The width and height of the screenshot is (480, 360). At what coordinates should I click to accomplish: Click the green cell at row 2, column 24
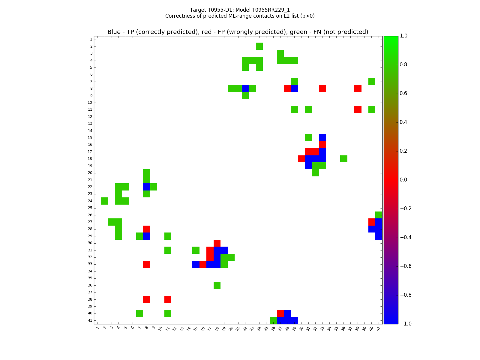(259, 46)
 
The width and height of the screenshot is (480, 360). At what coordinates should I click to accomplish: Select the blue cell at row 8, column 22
(245, 88)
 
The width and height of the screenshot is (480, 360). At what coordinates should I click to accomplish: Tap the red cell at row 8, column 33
(322, 88)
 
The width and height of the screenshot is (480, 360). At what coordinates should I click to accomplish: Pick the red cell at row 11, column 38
(358, 109)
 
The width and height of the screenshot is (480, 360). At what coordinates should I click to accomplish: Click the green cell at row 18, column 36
(343, 159)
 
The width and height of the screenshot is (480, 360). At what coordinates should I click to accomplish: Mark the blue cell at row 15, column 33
(322, 138)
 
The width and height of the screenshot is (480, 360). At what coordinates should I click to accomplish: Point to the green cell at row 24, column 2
(104, 201)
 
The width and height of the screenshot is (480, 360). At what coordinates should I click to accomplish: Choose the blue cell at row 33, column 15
(196, 264)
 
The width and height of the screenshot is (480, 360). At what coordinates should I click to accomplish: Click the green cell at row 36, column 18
(217, 285)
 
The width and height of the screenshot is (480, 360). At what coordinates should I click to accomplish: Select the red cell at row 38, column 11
(168, 299)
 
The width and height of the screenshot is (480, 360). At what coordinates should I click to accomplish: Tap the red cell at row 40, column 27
(280, 313)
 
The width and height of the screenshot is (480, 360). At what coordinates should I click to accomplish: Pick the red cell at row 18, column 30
(301, 159)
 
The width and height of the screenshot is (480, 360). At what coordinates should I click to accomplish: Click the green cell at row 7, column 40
(372, 81)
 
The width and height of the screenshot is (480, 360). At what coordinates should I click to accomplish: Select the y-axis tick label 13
(90, 124)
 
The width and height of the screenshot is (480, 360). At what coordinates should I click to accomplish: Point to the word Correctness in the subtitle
(178, 16)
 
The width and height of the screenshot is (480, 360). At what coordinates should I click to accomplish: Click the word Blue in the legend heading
(114, 32)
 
